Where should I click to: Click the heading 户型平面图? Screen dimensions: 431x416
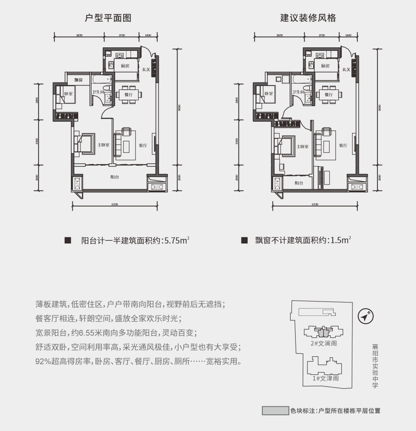tap(108, 18)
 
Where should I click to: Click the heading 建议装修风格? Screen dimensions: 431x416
tap(308, 18)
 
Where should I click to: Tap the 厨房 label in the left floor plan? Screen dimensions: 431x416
tap(125, 66)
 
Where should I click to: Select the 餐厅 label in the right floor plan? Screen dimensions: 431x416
tap(328, 94)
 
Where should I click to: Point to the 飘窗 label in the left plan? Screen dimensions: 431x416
tap(79, 80)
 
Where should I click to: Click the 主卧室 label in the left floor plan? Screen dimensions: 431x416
tap(103, 145)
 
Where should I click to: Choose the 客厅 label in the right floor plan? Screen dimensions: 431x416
tap(343, 146)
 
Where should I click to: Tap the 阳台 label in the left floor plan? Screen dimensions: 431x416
tap(114, 177)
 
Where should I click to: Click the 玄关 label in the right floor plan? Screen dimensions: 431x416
tap(346, 69)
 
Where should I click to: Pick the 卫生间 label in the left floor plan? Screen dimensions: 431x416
tap(98, 92)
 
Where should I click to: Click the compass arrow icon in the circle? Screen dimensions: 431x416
tap(366, 316)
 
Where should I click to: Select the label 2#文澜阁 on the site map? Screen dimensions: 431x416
tap(324, 344)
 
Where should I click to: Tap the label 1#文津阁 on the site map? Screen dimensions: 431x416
tap(325, 378)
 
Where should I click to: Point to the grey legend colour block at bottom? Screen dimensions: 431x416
tap(275, 411)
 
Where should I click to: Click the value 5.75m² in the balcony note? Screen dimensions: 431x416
tap(177, 241)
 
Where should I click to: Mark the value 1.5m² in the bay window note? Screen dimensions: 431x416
tap(339, 241)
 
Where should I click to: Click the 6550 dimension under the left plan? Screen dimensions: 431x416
tap(115, 204)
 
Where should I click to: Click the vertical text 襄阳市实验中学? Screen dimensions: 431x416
tap(375, 366)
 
